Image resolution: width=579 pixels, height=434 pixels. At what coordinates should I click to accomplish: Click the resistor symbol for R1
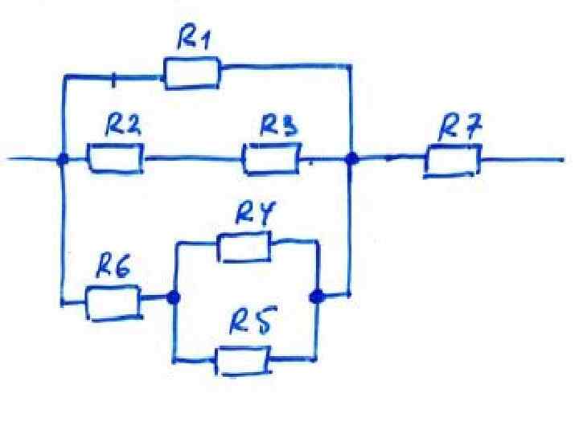191,73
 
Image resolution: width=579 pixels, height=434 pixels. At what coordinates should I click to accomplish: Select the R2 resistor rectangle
115,158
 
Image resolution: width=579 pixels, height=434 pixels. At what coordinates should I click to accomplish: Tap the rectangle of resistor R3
272,159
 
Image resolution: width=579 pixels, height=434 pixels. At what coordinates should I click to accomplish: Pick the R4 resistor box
244,247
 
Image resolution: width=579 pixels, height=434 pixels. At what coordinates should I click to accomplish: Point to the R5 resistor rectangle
243,360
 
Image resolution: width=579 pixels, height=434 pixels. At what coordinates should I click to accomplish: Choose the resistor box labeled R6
112,302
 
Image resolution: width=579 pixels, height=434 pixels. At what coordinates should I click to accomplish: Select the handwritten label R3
279,125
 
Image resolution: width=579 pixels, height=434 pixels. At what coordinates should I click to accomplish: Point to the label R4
256,214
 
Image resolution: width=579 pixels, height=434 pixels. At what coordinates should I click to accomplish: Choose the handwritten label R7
459,125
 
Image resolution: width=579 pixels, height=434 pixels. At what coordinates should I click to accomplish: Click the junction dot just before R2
63,159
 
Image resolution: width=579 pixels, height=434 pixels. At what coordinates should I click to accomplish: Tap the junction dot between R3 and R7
351,159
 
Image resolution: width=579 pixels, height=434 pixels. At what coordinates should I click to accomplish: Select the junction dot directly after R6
173,297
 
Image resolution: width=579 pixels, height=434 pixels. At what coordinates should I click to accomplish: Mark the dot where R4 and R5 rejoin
317,297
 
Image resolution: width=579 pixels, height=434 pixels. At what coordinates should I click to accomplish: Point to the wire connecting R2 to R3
193,159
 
